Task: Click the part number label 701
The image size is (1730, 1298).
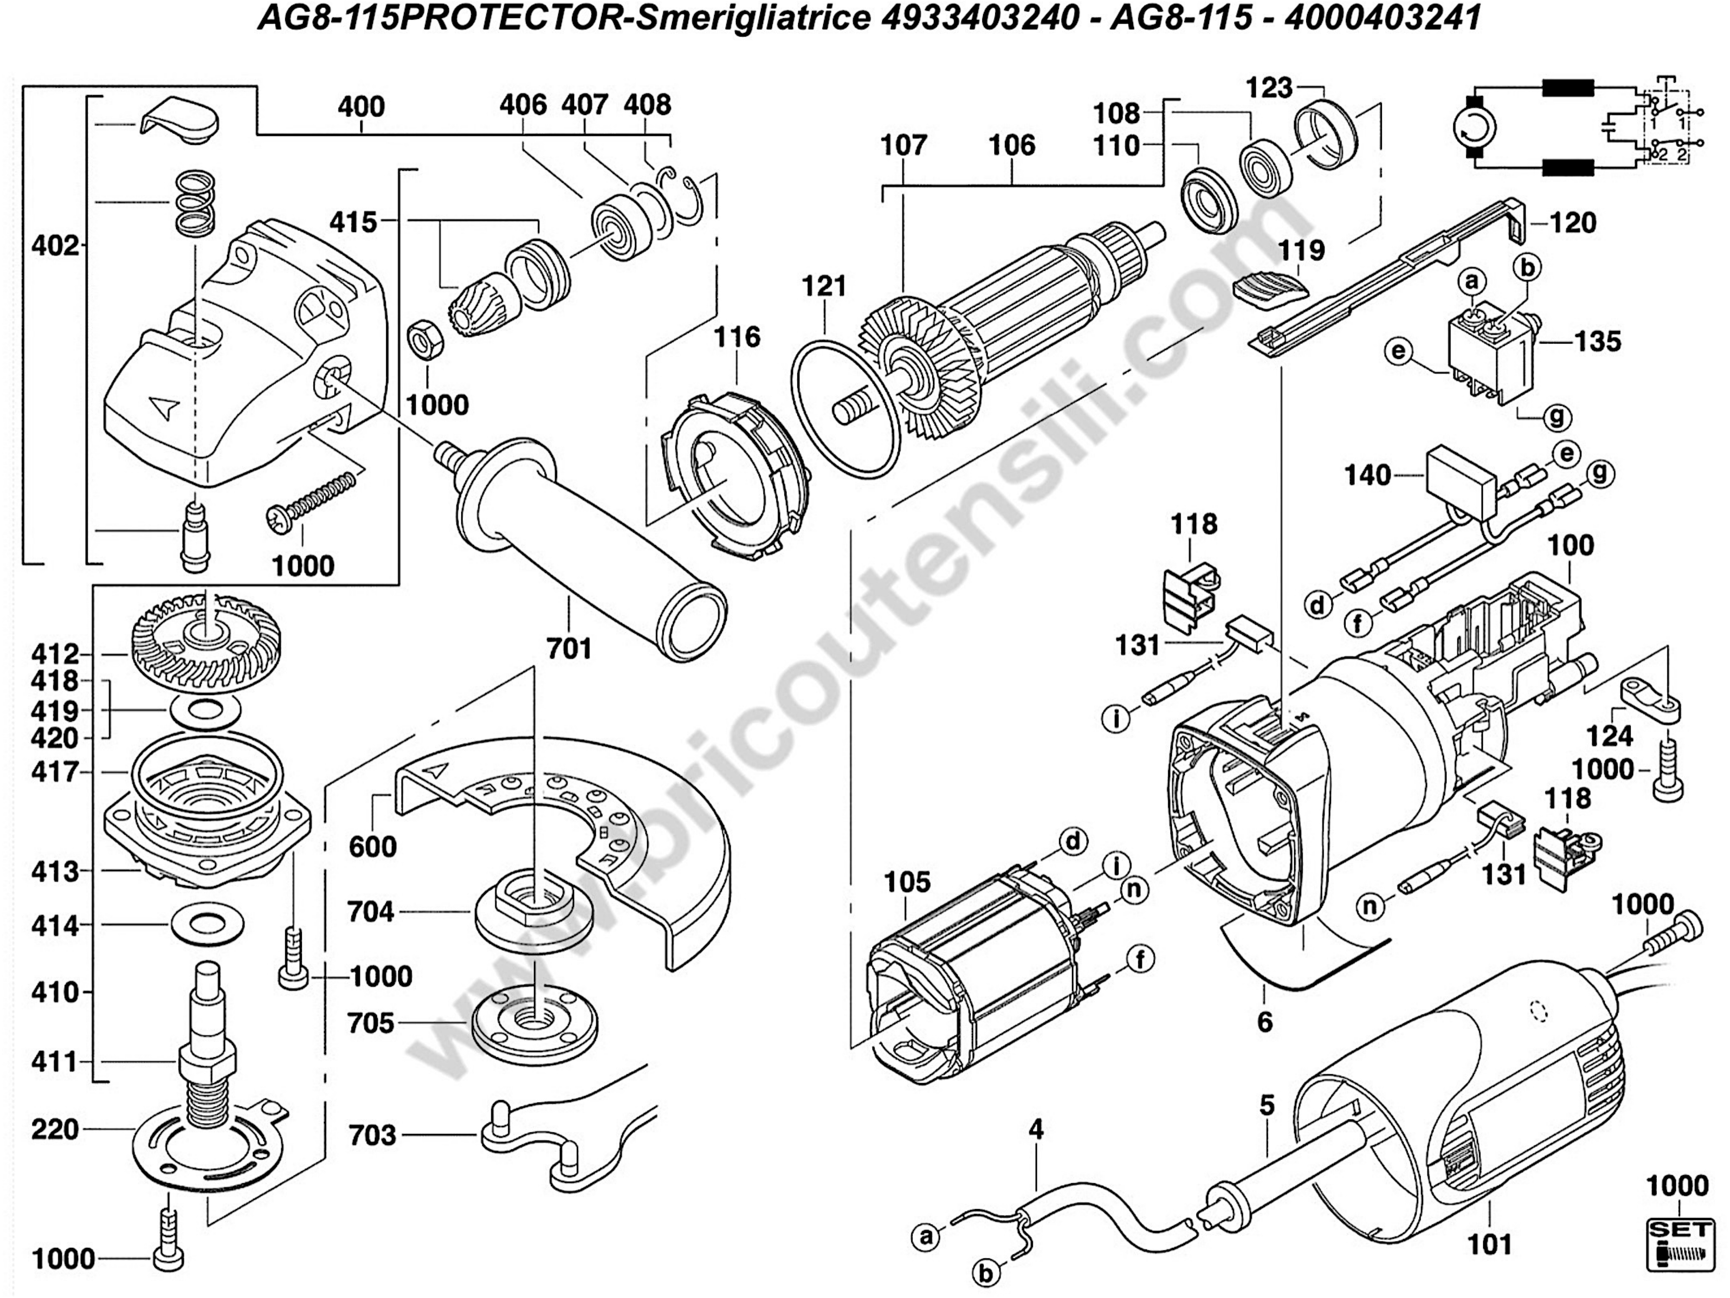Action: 569,648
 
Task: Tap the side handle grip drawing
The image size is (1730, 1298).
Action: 594,547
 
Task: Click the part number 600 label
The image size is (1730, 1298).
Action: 373,846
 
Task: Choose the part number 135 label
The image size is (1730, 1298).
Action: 1598,342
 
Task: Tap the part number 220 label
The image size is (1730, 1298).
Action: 55,1129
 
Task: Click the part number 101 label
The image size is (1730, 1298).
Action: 1490,1243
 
